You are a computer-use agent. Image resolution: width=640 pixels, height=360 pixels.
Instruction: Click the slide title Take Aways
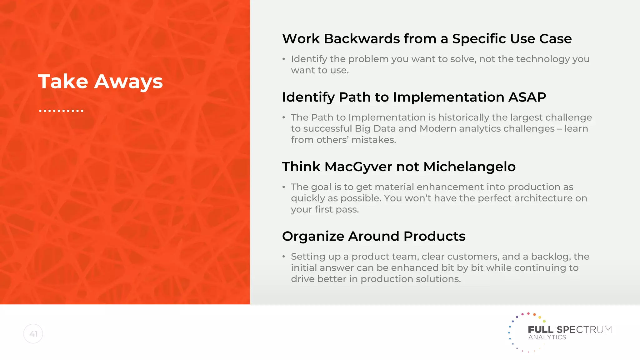(x=100, y=82)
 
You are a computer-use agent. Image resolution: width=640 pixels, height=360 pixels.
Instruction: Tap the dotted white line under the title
(x=61, y=111)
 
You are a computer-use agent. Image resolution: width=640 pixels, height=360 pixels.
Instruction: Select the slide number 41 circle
(x=33, y=334)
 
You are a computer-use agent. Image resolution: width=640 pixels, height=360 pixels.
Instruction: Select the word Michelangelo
(x=469, y=167)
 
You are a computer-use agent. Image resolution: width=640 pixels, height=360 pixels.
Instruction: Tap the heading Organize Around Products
(x=373, y=236)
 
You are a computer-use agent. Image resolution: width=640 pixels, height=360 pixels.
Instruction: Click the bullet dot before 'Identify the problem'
(x=284, y=59)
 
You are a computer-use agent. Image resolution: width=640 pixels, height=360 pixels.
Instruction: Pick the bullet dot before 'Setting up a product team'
(x=284, y=257)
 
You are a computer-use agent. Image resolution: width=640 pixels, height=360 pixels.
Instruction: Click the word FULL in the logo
(x=540, y=330)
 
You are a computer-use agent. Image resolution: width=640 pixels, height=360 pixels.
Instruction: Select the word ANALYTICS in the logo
(x=547, y=337)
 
